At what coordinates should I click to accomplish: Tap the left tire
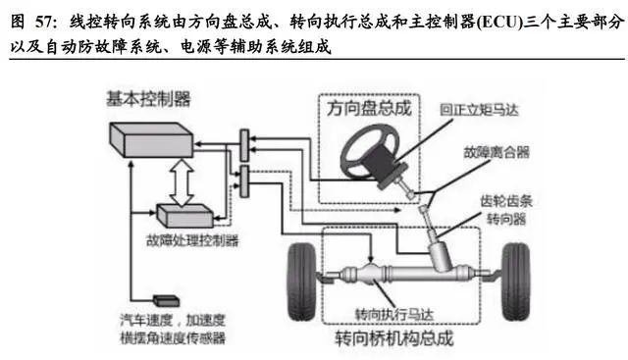tap(302, 282)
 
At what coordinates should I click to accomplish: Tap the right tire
tap(516, 282)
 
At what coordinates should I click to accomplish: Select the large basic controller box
tap(151, 139)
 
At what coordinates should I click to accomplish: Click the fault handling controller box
tap(184, 216)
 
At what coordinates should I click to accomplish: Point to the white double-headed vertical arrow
tap(182, 182)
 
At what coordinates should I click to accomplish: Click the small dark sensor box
tap(166, 300)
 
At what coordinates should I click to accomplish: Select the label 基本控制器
tap(148, 98)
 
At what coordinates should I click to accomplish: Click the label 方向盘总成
tap(369, 108)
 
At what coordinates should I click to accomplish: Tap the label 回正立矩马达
tap(479, 110)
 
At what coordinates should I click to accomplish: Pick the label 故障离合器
tap(497, 152)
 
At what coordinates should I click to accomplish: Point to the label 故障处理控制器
tap(192, 240)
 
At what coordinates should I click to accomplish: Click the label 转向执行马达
tap(394, 314)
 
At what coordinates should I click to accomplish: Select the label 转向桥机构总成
tap(394, 338)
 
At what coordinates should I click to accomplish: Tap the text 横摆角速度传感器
tap(173, 338)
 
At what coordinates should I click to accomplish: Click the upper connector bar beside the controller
tap(244, 145)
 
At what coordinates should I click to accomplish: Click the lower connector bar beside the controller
tap(244, 181)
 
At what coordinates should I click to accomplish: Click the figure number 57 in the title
tap(44, 22)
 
